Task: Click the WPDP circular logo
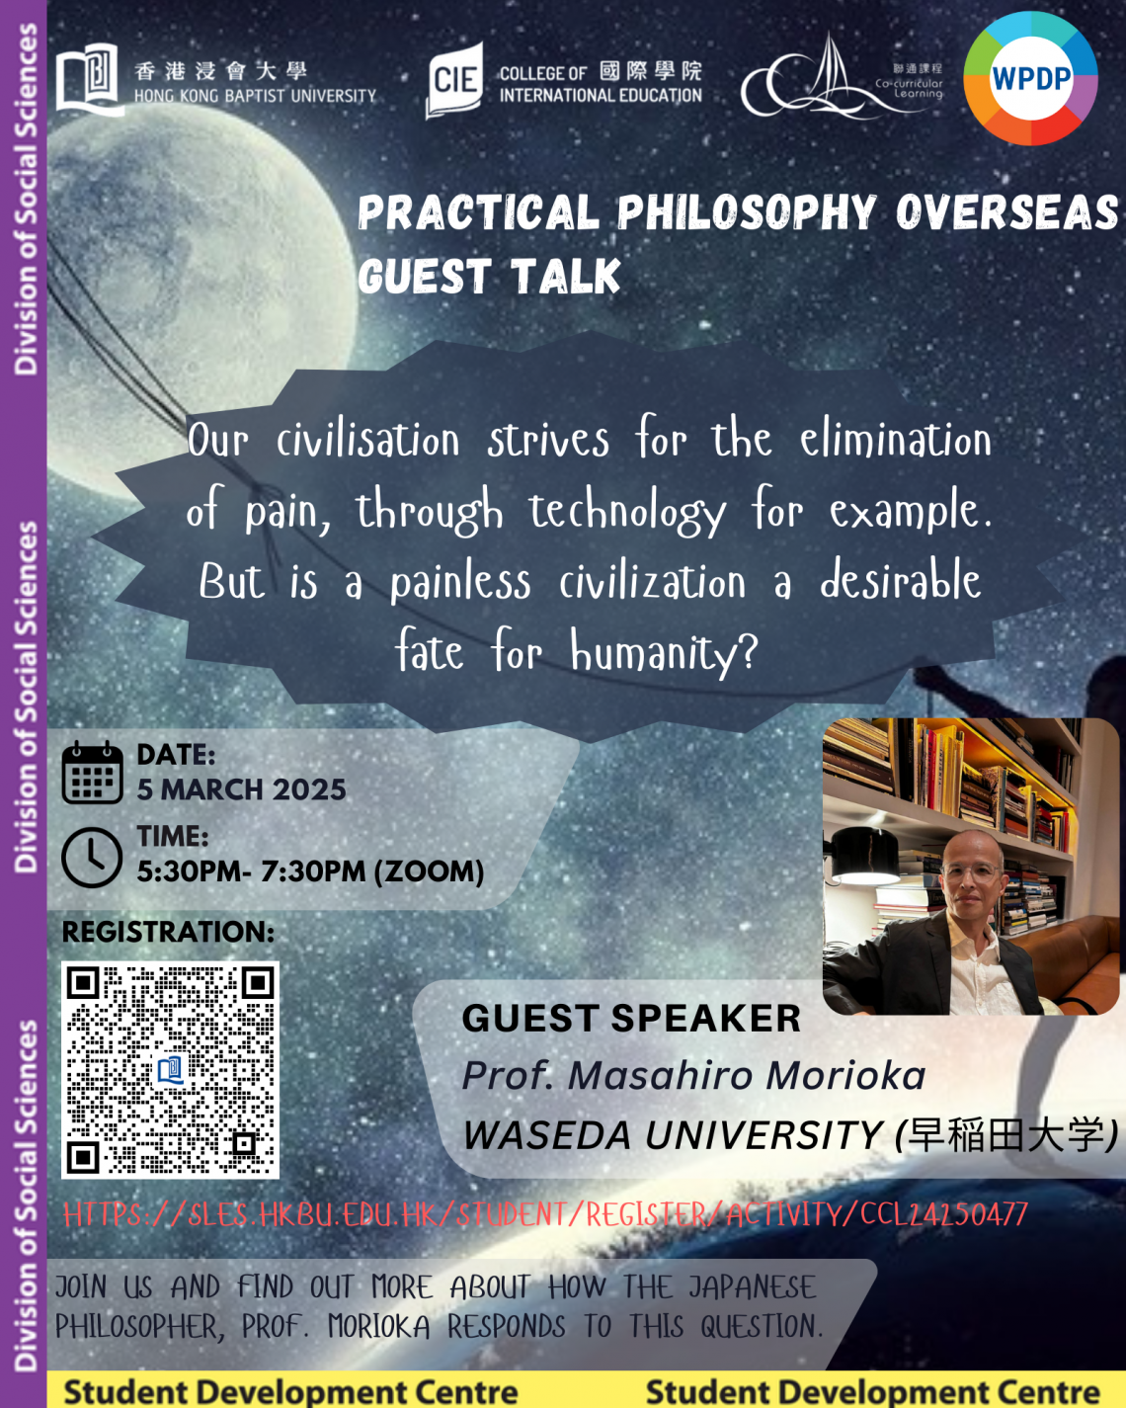(x=1031, y=78)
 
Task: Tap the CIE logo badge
(x=455, y=80)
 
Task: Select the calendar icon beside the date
(x=92, y=773)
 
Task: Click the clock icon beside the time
(x=92, y=857)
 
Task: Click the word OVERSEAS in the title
(x=1006, y=212)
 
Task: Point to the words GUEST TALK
(x=489, y=276)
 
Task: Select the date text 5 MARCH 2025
(x=241, y=789)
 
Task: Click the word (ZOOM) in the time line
(x=430, y=871)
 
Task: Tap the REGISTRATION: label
(x=168, y=932)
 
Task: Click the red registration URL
(x=545, y=1214)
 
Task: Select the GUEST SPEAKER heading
(x=631, y=1018)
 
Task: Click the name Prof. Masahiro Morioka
(x=693, y=1076)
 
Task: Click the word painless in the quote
(x=460, y=582)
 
